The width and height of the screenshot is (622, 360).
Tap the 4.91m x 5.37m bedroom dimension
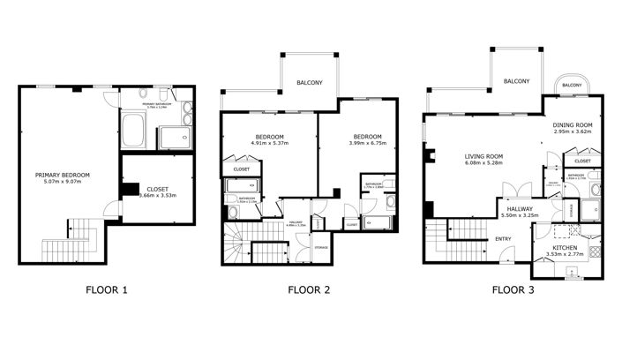[x=269, y=146]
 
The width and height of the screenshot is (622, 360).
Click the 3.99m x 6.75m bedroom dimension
[x=367, y=146]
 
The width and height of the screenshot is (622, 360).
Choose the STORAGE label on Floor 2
[x=321, y=247]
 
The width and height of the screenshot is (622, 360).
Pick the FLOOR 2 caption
[x=310, y=289]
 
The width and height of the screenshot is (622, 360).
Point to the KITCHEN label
[x=564, y=248]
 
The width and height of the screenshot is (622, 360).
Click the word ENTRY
[x=503, y=238]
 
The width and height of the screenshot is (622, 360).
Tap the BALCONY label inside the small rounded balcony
[x=572, y=86]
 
